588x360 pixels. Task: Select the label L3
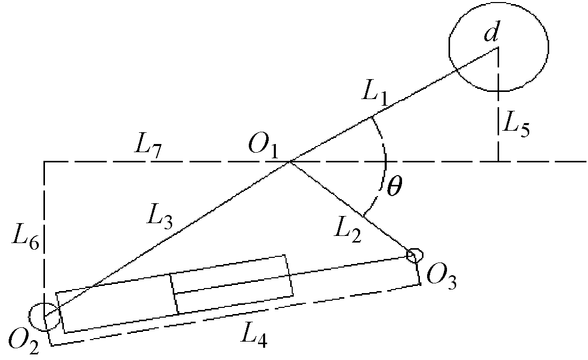pyautogui.click(x=160, y=218)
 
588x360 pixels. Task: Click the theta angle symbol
pyautogui.click(x=394, y=186)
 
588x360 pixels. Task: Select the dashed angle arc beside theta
pyautogui.click(x=386, y=165)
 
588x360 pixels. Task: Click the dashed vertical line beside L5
pyautogui.click(x=498, y=105)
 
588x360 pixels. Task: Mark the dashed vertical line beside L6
pyautogui.click(x=44, y=238)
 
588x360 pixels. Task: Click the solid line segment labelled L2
pyautogui.click(x=351, y=209)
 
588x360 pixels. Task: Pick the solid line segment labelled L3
pyautogui.click(x=167, y=239)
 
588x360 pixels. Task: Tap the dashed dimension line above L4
pyautogui.click(x=236, y=314)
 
